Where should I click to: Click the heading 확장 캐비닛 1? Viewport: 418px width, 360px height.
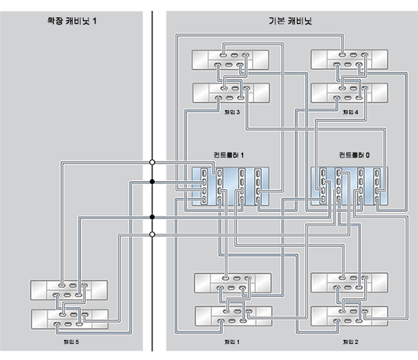click(x=72, y=21)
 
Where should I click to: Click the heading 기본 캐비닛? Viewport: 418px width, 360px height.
click(x=291, y=21)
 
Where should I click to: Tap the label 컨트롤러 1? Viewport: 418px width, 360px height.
click(x=229, y=155)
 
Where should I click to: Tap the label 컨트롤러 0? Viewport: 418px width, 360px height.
click(x=355, y=155)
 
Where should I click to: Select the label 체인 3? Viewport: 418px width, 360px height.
click(x=232, y=112)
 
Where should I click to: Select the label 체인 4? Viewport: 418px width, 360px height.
click(x=350, y=112)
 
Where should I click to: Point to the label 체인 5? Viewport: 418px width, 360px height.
click(x=71, y=342)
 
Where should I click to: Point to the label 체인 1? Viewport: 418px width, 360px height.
click(x=232, y=342)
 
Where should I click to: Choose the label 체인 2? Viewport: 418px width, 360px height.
click(x=350, y=342)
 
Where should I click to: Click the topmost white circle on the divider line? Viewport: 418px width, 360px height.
click(x=152, y=162)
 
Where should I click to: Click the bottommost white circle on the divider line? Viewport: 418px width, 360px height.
click(x=152, y=235)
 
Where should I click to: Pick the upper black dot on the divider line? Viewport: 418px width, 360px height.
click(x=152, y=182)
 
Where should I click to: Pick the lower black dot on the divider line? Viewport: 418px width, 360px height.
click(x=152, y=217)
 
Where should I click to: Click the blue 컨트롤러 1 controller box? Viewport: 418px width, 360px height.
click(x=231, y=186)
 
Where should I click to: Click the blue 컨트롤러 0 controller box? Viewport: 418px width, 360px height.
click(x=349, y=186)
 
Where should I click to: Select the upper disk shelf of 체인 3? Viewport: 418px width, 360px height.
click(x=231, y=60)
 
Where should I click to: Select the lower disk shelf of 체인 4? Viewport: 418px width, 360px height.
click(x=349, y=93)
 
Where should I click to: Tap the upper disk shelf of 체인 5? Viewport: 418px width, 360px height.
click(x=69, y=290)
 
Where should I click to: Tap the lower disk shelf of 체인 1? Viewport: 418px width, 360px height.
click(x=233, y=316)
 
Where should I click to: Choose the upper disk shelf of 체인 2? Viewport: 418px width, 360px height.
click(x=349, y=283)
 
